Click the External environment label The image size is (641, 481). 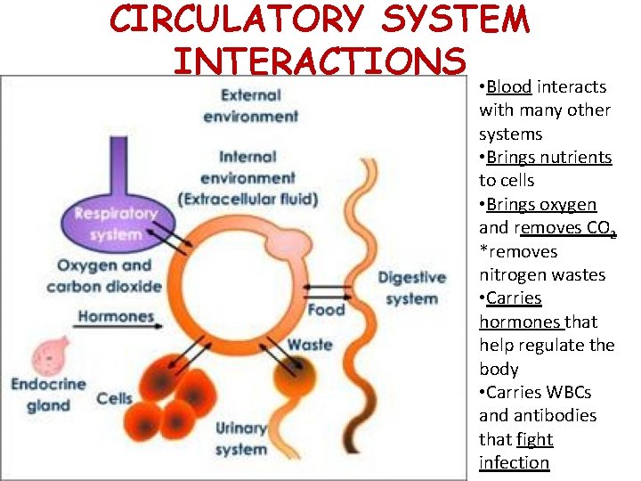[x=250, y=105]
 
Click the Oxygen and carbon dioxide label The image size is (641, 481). [x=104, y=275]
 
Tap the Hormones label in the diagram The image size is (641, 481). [x=116, y=316]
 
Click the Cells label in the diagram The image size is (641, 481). [x=114, y=398]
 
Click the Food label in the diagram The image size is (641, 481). [x=326, y=310]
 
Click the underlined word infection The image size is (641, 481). [x=514, y=462]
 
